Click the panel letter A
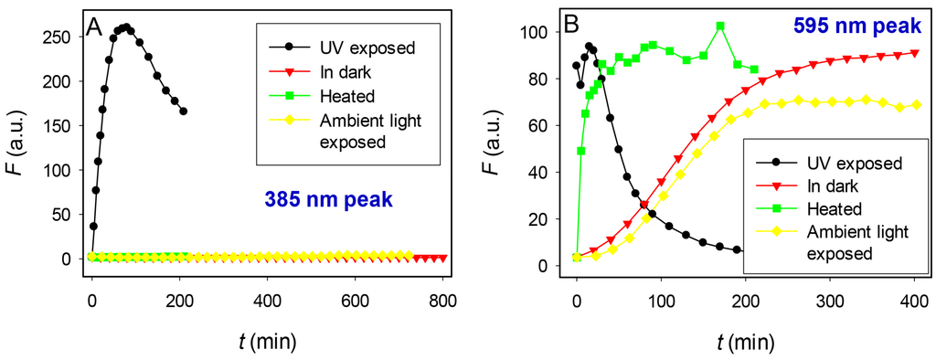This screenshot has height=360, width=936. tap(93, 28)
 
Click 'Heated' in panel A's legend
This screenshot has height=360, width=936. tap(341, 96)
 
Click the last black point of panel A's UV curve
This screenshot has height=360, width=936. tap(184, 111)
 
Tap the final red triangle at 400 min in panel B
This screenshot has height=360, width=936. tap(915, 53)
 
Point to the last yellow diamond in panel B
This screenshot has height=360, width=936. tap(915, 105)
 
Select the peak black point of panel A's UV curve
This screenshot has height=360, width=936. tap(126, 27)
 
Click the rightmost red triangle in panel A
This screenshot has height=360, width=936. tap(443, 259)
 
